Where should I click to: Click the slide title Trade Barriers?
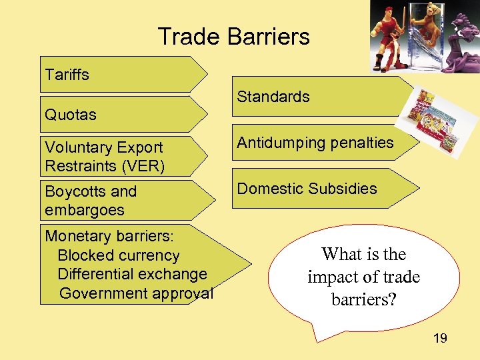(233, 36)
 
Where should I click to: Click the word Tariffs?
(67, 75)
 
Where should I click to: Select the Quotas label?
(70, 115)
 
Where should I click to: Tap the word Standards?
(273, 97)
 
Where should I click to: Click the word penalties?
(361, 143)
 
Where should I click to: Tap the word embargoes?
(84, 210)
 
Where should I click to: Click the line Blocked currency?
(119, 255)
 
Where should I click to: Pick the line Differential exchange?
(132, 274)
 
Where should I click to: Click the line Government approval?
(136, 293)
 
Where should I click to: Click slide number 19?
(440, 339)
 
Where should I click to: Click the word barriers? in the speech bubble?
(364, 299)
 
